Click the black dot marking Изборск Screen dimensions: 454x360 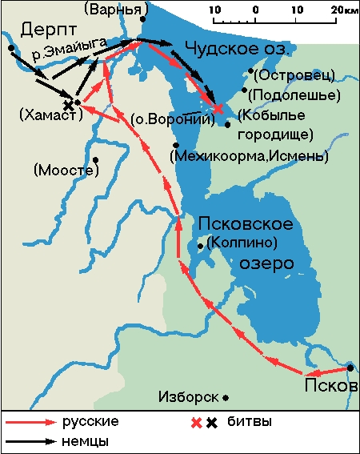[x=226, y=397]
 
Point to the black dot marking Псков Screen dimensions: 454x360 [x=351, y=368]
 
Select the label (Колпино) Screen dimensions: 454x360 [x=241, y=242]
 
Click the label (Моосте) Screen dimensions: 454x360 [x=62, y=170]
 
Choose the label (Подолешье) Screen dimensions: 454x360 [x=294, y=94]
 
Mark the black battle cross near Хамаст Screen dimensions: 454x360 [x=69, y=105]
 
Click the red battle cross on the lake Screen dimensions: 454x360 [x=218, y=106]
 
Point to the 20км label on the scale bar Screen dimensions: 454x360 [x=342, y=10]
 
